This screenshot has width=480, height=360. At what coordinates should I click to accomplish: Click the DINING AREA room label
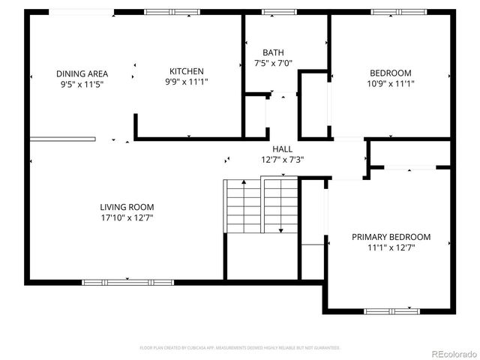pos(82,73)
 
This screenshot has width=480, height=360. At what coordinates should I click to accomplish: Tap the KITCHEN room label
pos(186,71)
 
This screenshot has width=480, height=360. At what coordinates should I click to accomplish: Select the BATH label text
pos(273,52)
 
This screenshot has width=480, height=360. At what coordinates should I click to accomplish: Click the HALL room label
pos(282,149)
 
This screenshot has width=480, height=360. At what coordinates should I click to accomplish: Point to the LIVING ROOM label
pos(127,207)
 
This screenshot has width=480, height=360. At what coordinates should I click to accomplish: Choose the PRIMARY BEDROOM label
pos(391,237)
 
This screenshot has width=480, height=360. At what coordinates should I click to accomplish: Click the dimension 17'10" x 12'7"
pos(127,217)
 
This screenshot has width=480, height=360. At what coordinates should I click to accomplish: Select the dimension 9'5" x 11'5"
pos(82,85)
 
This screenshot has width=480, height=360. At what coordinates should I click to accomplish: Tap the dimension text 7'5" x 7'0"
pos(273,64)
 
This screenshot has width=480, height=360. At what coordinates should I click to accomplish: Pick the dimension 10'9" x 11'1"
pos(390,84)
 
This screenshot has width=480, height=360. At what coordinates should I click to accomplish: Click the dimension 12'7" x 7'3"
pos(282,160)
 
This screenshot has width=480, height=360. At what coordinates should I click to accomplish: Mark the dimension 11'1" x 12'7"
pos(391,247)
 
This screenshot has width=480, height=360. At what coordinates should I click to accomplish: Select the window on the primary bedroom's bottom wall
pos(391,310)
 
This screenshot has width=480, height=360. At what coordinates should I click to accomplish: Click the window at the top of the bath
pos(278,12)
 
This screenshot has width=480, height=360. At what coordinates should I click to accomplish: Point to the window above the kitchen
pos(166,12)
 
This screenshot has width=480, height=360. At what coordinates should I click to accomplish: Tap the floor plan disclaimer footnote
pos(240,348)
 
